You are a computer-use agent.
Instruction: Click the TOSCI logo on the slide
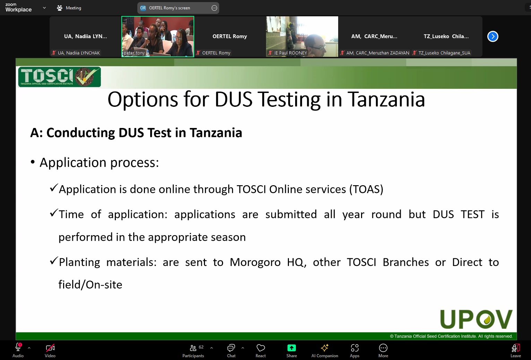[60, 77]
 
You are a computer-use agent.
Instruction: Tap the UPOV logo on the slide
[476, 319]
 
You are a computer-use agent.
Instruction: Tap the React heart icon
[260, 348]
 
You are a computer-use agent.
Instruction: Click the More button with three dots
[383, 348]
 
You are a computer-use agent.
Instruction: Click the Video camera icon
[50, 348]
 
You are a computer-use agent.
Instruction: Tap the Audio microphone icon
[18, 347]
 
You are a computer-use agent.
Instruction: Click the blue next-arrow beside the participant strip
[493, 36]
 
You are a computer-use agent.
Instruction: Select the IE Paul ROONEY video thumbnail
[302, 36]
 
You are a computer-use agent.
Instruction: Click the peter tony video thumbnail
[158, 36]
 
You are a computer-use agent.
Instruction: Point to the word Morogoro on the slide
[255, 262]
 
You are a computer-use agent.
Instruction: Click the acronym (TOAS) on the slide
[366, 189]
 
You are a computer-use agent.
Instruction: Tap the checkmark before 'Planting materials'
[54, 261]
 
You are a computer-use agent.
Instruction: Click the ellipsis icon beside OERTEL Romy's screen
[214, 8]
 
